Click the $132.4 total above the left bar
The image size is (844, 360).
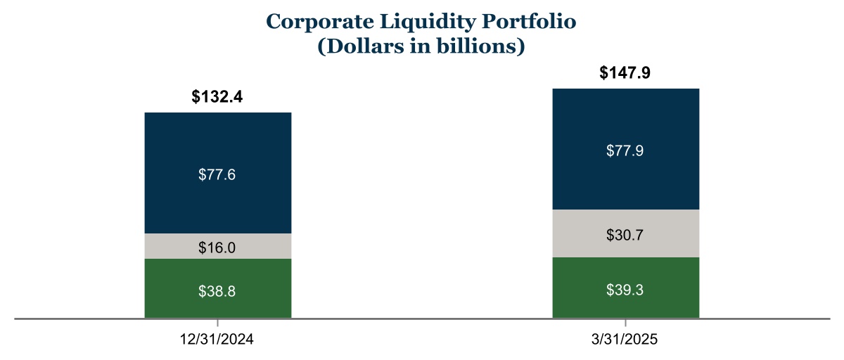[217, 97]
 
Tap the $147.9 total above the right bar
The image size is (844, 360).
[626, 73]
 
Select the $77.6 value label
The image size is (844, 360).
[217, 174]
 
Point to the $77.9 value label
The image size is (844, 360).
[625, 151]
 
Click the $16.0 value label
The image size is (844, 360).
[217, 247]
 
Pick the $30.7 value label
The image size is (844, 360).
[625, 235]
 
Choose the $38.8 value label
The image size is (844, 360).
[217, 290]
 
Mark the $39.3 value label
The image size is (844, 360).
[625, 290]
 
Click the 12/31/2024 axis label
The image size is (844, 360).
[217, 340]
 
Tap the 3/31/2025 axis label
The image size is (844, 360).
[625, 340]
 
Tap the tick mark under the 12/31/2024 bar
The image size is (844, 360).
[217, 322]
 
